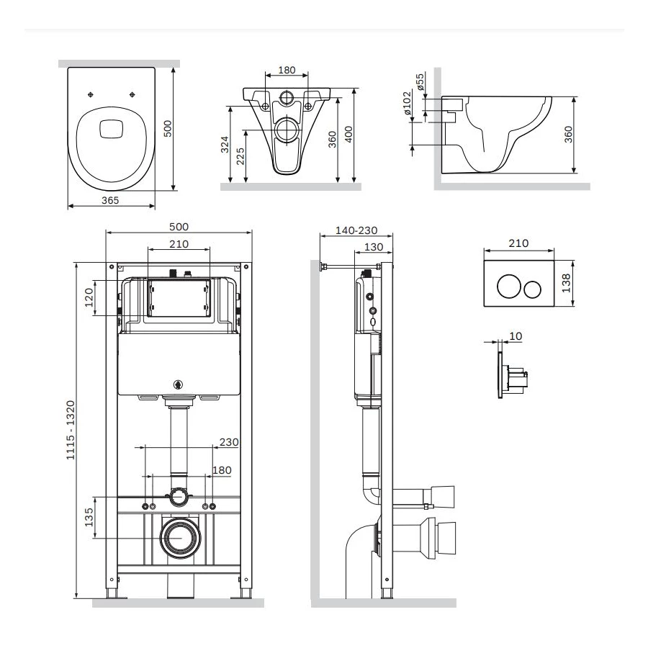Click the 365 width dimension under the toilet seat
pos(109,199)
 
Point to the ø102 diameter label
pos(407,103)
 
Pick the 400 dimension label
pos(348,135)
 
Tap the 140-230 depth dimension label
pos(356,230)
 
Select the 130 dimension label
pos(374,247)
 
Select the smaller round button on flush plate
pos(532,289)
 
